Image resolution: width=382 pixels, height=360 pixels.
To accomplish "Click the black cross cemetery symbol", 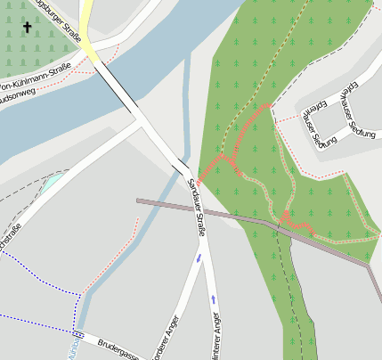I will point(27,28).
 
